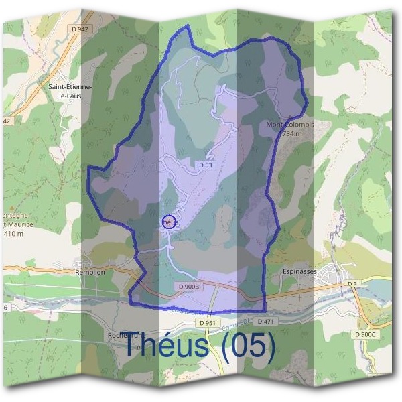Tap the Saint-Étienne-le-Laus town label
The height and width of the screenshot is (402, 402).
(x=70, y=90)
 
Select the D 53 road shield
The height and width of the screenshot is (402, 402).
(x=206, y=165)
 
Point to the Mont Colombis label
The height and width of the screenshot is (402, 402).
(x=289, y=124)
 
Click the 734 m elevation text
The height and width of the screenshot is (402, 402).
(x=292, y=134)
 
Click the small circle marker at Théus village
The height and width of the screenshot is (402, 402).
(x=169, y=222)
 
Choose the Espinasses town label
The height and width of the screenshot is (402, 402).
(x=299, y=271)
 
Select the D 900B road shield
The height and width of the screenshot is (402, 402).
(x=189, y=287)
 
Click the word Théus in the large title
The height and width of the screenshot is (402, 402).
(x=167, y=346)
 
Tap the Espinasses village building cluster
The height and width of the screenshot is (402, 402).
(x=333, y=275)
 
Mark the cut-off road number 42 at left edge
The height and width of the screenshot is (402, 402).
(x=7, y=121)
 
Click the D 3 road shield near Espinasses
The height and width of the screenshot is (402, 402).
(x=352, y=284)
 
